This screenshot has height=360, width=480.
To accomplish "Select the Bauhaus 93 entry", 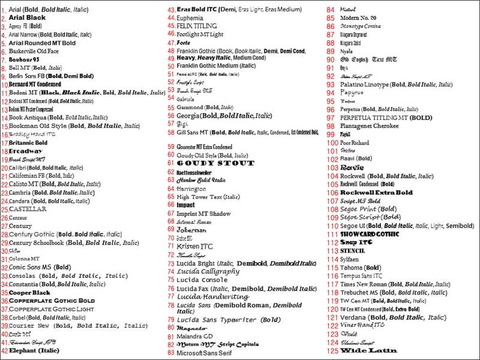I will pyautogui.click(x=24, y=60).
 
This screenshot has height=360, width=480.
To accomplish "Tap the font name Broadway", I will pyautogui.click(x=25, y=151).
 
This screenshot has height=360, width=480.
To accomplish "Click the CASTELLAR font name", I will pyautogui.click(x=28, y=209).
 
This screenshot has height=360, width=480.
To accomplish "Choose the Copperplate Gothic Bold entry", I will pyautogui.click(x=52, y=301).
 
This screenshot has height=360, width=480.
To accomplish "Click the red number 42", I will pyautogui.click(x=4, y=350).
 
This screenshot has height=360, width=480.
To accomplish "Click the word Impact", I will pyautogui.click(x=185, y=205).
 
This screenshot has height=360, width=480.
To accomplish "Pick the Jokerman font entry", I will pyautogui.click(x=191, y=230).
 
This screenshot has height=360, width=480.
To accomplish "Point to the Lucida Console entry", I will pyautogui.click(x=202, y=280).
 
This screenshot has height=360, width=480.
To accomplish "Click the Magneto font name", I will pyautogui.click(x=191, y=328).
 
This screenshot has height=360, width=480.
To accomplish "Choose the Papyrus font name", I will pyautogui.click(x=352, y=93).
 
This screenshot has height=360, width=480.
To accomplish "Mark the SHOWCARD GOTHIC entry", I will pyautogui.click(x=370, y=233).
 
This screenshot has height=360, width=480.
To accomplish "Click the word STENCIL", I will pyautogui.click(x=353, y=250).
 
